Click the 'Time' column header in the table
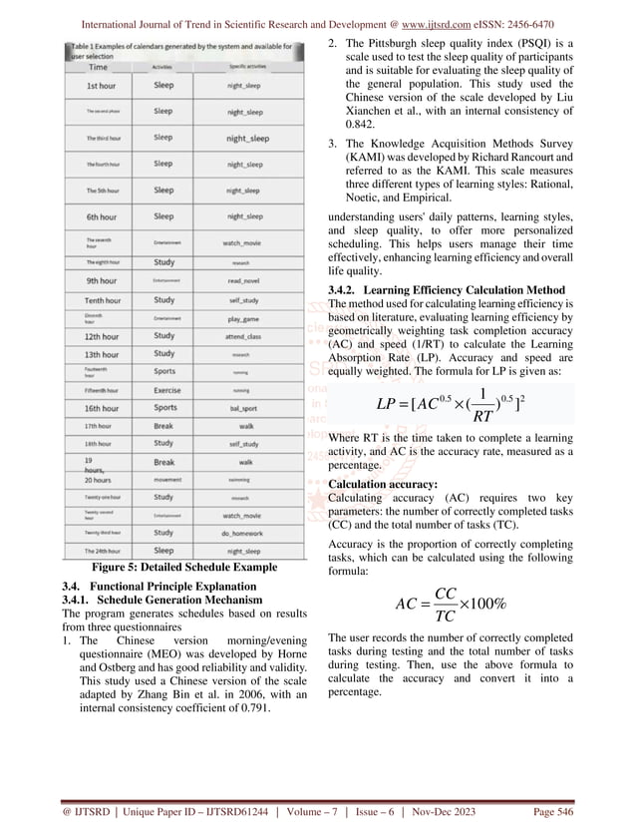tap(99, 67)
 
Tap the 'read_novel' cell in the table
tap(243, 280)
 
